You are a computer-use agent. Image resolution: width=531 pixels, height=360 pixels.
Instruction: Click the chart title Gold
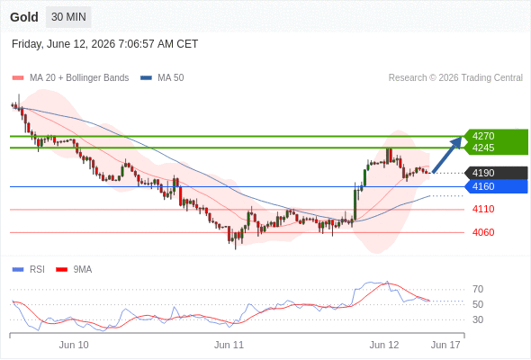point(24,17)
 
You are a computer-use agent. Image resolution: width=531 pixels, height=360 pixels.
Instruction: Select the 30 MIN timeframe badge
point(68,17)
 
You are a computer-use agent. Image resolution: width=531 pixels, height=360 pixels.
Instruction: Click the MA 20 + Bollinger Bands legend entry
point(70,78)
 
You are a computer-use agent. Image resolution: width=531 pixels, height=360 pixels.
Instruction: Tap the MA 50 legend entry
point(162,78)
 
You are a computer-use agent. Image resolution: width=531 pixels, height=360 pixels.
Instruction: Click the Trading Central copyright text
point(455,78)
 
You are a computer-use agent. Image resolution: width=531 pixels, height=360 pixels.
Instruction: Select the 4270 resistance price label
point(483,136)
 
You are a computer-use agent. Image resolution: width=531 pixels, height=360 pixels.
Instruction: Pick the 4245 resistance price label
point(483,148)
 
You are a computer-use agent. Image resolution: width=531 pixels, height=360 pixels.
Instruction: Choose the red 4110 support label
point(483,209)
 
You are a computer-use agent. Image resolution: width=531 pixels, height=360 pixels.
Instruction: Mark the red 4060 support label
point(483,232)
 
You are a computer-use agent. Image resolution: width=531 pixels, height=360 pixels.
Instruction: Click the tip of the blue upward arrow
point(462,137)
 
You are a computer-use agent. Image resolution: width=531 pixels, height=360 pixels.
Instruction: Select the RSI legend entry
point(29,270)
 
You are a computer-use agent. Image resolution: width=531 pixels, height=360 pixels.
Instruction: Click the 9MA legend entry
point(74,270)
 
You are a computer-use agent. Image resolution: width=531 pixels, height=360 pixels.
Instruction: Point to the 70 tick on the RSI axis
point(478,289)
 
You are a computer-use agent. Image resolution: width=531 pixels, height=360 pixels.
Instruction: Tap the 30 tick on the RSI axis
point(478,319)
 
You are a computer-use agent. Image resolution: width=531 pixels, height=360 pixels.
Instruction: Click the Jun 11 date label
point(229,345)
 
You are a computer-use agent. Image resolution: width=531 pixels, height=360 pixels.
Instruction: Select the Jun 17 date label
point(445,345)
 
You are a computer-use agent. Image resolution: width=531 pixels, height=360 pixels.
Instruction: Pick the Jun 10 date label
point(74,345)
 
